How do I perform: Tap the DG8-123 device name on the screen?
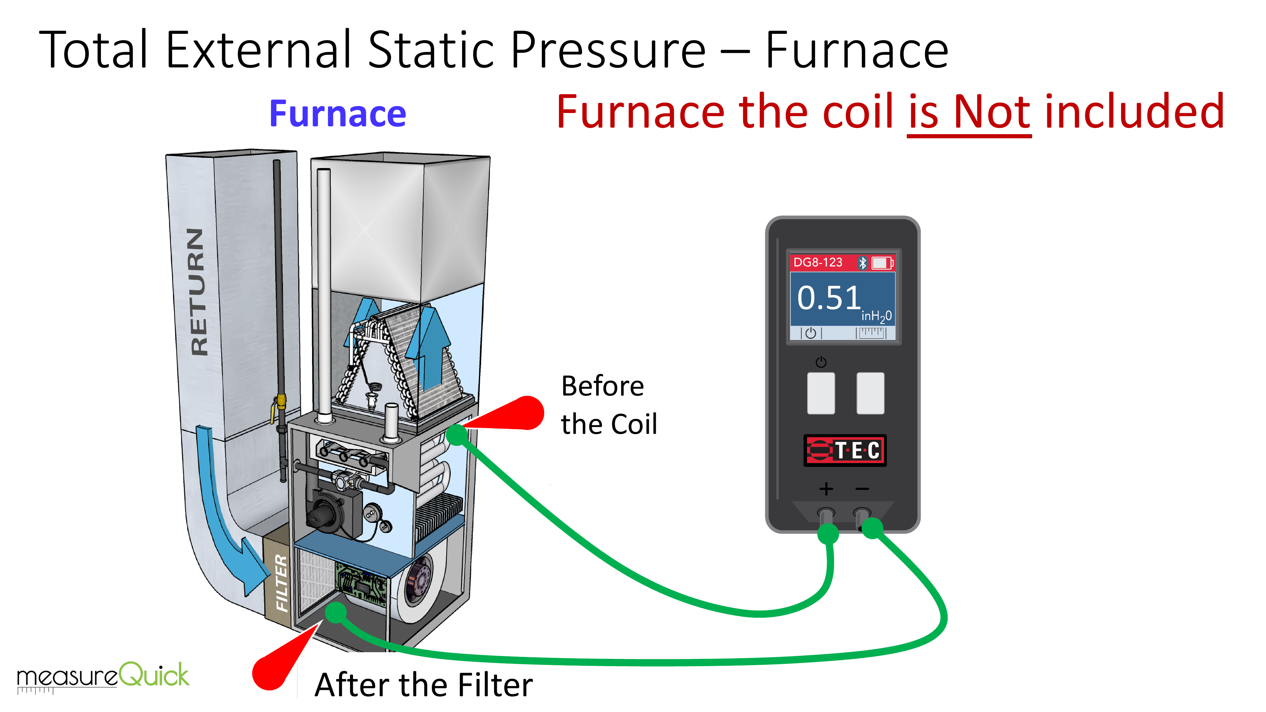[x=818, y=262]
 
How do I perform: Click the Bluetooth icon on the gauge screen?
[x=862, y=263]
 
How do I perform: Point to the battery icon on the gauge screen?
[x=882, y=263]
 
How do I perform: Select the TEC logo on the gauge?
[x=845, y=450]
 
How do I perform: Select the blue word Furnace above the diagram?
[x=338, y=114]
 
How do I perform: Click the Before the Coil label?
[x=608, y=405]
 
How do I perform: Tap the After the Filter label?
[x=424, y=685]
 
